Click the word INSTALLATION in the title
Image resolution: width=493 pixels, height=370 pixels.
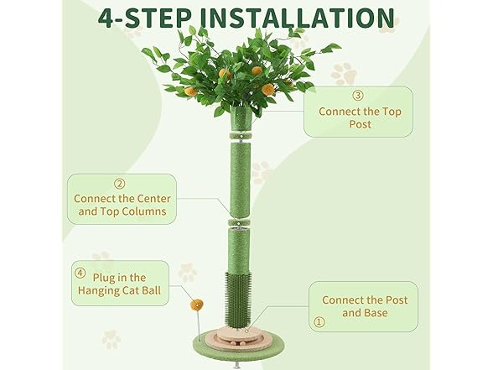[x=297, y=18]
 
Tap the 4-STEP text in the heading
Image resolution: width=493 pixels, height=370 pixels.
[x=144, y=18]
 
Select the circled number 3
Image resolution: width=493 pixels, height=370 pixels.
[x=358, y=96]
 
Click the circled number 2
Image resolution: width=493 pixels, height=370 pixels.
[x=119, y=184]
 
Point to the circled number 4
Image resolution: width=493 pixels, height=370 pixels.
[x=80, y=273]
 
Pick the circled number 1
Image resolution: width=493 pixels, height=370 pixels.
[x=319, y=322]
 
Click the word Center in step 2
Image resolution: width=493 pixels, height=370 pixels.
[x=153, y=199]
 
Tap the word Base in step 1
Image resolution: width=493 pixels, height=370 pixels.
[x=376, y=313]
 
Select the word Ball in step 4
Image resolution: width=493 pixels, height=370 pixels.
[x=151, y=290]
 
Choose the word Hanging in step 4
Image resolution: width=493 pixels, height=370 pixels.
[x=98, y=290]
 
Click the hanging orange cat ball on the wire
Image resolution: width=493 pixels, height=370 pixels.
[x=196, y=305]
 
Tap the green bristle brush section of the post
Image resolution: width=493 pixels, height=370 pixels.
[x=238, y=298]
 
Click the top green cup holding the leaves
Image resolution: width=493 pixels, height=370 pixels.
[x=241, y=118]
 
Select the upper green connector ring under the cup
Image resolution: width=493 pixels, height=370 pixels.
[x=241, y=136]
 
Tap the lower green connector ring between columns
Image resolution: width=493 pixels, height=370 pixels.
[x=240, y=223]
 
